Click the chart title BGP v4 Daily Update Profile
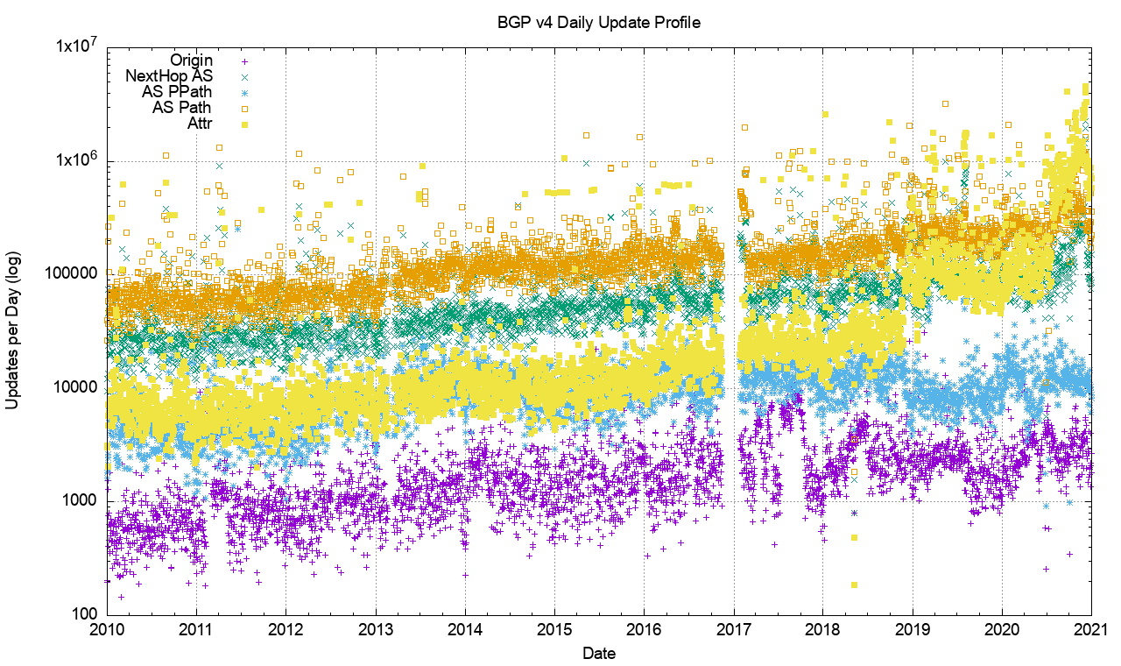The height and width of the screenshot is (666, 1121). tap(599, 23)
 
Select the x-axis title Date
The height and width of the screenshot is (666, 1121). tap(599, 654)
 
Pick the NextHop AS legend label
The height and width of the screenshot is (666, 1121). tap(169, 76)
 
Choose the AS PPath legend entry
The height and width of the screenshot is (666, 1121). tap(177, 92)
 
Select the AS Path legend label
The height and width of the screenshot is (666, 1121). tap(181, 108)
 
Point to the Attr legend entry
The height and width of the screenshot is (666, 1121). tap(200, 124)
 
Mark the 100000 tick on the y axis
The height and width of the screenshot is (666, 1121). tap(74, 274)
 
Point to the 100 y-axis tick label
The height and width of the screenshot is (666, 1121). tap(86, 614)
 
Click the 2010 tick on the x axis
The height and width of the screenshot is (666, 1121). tap(107, 630)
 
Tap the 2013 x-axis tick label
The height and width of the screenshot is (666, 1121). tap(376, 630)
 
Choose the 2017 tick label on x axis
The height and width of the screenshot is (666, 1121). tap(734, 630)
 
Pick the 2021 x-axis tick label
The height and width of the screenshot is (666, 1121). tap(1091, 630)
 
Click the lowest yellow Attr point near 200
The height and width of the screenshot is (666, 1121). tap(854, 585)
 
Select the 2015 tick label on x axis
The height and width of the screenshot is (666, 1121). tap(554, 630)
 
